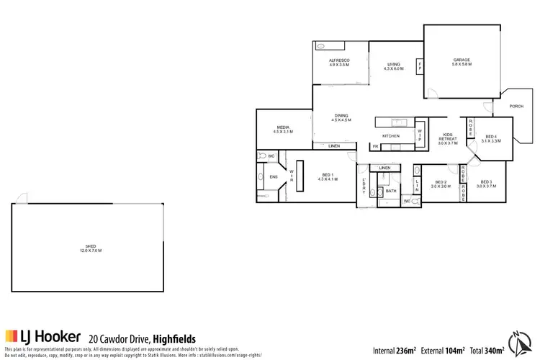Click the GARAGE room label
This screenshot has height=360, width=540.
pyautogui.click(x=462, y=60)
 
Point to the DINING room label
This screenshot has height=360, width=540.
pyautogui.click(x=341, y=116)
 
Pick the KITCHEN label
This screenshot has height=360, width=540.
pyautogui.click(x=391, y=135)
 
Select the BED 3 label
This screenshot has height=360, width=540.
pyautogui.click(x=487, y=183)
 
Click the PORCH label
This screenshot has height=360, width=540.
pyautogui.click(x=516, y=106)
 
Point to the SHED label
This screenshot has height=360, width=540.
pyautogui.click(x=90, y=248)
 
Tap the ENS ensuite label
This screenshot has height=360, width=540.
pyautogui.click(x=274, y=176)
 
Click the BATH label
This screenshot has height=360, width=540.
pyautogui.click(x=391, y=191)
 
